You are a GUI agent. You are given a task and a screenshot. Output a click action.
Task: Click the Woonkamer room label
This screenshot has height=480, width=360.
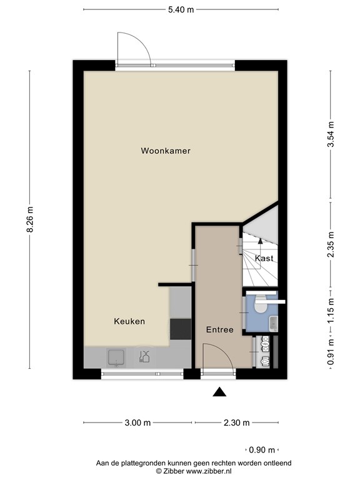(x=166, y=151)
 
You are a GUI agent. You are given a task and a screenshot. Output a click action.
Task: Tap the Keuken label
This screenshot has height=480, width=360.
(x=129, y=321)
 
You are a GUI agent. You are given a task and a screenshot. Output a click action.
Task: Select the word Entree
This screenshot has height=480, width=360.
(x=219, y=329)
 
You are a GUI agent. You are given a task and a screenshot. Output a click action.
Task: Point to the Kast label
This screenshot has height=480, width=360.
(x=264, y=257)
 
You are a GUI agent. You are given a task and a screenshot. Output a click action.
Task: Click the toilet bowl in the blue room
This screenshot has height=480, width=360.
(x=260, y=306)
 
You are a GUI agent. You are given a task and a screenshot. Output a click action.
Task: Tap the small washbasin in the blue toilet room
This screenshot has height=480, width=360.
(x=274, y=323)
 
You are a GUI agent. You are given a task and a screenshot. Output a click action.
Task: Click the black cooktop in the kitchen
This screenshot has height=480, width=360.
(x=181, y=329)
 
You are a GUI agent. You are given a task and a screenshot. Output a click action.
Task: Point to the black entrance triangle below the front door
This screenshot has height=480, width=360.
(x=219, y=392)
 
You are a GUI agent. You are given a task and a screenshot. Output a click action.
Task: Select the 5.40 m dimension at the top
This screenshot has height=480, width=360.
(x=180, y=9)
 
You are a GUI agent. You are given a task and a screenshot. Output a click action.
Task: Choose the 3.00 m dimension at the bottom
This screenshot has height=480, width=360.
(x=137, y=422)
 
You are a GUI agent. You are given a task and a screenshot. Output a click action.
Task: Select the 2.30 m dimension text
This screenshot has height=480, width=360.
(x=237, y=422)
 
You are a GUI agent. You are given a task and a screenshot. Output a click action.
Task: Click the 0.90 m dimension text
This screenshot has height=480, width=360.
(x=261, y=449)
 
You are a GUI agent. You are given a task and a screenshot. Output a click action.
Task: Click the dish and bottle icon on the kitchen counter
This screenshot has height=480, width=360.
(x=145, y=357)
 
